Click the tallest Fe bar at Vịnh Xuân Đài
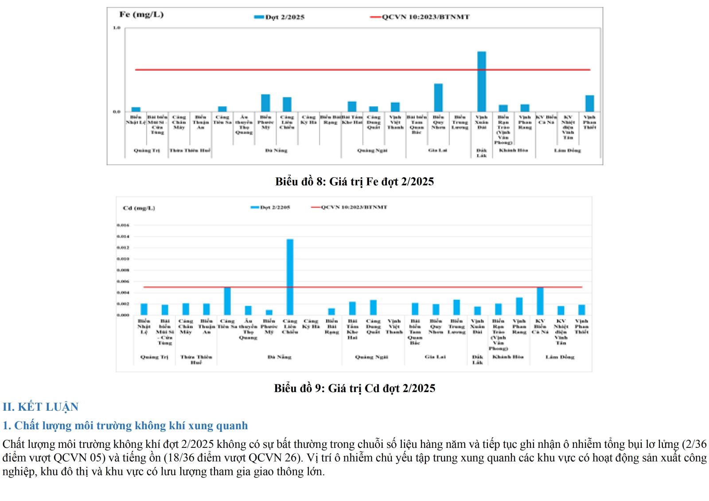tap(481, 82)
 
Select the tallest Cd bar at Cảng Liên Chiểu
tap(290, 277)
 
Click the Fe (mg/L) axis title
tap(141, 15)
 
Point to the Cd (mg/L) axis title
tap(139, 208)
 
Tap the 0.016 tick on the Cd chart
tap(123, 225)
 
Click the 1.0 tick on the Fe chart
tap(117, 28)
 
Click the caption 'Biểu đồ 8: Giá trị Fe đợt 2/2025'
tap(354, 182)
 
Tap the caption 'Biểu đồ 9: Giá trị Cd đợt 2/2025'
tap(354, 388)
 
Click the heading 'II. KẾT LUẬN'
tap(40, 407)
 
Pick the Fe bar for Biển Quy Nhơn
tap(438, 97)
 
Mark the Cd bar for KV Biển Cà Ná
tap(540, 301)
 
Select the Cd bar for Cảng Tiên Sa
tap(227, 301)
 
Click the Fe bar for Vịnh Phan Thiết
tap(589, 103)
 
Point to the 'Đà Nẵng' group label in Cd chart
tap(279, 357)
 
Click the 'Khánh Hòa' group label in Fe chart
tap(513, 151)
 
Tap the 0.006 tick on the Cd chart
tap(123, 281)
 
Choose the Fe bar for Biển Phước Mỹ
tap(265, 103)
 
